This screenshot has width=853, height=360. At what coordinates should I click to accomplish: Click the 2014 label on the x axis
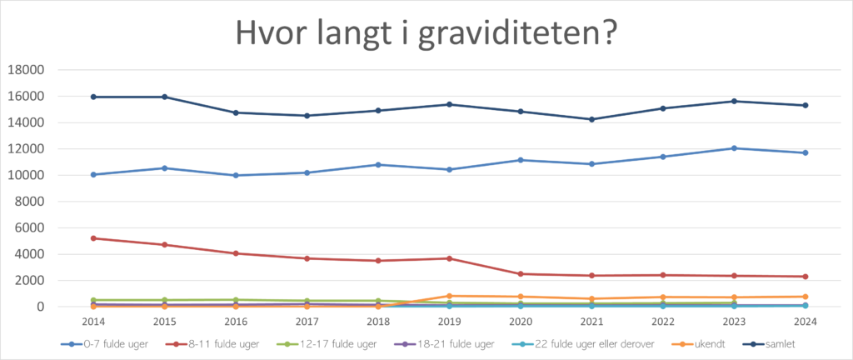click(x=94, y=321)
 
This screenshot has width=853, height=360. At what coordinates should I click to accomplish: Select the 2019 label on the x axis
click(x=449, y=321)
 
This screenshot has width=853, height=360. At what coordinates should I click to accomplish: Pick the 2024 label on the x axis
click(x=805, y=321)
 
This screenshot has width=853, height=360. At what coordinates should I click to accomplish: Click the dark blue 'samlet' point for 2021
click(x=592, y=119)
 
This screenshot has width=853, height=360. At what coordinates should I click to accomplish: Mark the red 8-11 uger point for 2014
click(x=94, y=238)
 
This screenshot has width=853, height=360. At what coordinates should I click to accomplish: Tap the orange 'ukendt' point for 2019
click(x=449, y=296)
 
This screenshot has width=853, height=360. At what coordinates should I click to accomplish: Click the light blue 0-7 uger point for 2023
click(x=734, y=148)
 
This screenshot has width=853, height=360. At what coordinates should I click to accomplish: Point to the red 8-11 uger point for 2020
click(x=521, y=274)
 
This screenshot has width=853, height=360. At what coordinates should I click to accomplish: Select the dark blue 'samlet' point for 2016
click(x=236, y=112)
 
